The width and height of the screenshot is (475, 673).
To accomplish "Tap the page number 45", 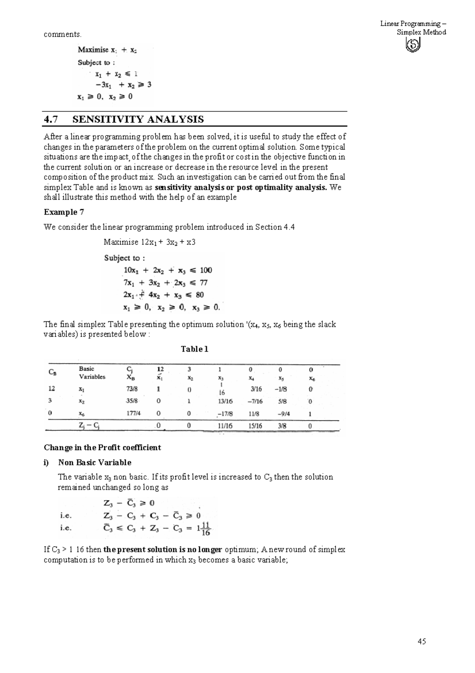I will (x=422, y=641).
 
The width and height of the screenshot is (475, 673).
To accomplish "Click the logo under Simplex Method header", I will (x=413, y=46).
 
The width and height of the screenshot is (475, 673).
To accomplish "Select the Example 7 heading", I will (x=64, y=212).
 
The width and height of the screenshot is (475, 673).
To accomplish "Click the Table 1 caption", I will (x=194, y=349).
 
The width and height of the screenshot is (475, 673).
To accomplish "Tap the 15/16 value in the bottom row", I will (x=255, y=426).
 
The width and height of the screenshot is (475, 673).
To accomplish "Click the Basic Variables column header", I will (x=92, y=373).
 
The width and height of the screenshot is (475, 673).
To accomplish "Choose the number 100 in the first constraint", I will (x=206, y=270).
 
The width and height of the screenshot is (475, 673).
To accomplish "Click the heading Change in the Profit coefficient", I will (x=102, y=447).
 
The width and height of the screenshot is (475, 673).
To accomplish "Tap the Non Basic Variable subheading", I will (x=95, y=462).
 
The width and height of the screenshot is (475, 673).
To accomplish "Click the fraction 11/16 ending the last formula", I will (x=205, y=529).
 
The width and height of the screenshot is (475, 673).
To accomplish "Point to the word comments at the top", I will (x=63, y=34).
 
